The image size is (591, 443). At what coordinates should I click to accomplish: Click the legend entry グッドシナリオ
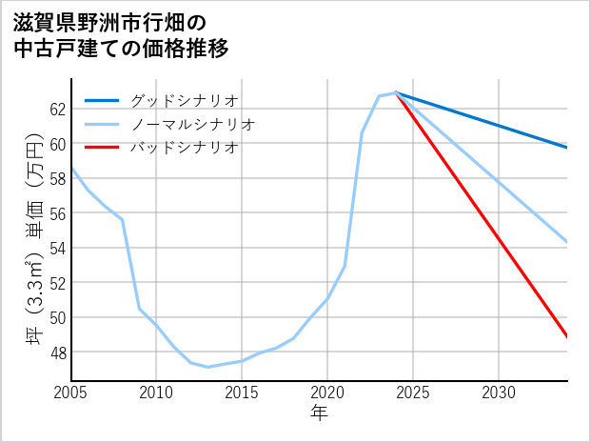click(185, 100)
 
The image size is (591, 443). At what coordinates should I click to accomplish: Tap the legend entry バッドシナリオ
click(185, 148)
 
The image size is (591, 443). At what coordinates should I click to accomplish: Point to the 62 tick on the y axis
click(57, 109)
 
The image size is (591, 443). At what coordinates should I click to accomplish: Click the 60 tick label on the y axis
click(57, 144)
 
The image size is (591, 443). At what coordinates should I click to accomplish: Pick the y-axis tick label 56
click(57, 213)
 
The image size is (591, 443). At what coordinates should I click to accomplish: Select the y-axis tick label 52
click(57, 283)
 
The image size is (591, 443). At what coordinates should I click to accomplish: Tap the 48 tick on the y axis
click(57, 352)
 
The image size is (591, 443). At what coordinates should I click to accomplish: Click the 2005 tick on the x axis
click(71, 393)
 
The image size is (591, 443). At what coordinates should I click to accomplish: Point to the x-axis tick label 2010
click(157, 393)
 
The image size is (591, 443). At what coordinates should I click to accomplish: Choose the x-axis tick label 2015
click(242, 393)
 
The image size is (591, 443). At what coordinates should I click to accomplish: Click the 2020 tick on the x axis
click(327, 393)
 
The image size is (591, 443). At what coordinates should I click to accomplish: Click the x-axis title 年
click(320, 413)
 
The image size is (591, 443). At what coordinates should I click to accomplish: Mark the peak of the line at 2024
click(396, 93)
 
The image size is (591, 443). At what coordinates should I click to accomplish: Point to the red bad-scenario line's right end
click(567, 336)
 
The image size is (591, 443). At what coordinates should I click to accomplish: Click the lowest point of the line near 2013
click(208, 367)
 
